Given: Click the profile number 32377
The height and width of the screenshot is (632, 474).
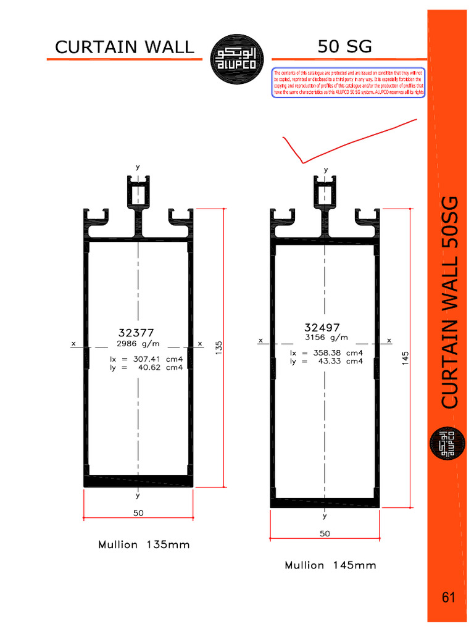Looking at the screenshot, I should point(136,332).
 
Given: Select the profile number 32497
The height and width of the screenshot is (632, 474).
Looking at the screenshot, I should point(322,327).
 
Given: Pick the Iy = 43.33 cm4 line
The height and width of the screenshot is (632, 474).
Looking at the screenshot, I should point(326,362).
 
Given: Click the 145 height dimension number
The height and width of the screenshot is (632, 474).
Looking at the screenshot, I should point(405,358).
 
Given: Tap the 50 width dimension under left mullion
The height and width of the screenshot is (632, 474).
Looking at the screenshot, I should point(139,513).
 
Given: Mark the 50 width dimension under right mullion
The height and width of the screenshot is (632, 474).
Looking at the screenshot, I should point(325,533).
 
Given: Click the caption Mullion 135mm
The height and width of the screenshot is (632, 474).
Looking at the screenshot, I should point(144,545).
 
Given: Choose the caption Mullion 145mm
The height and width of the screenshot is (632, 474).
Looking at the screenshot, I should point(330,565).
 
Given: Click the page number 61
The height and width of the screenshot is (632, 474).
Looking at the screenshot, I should point(448,597).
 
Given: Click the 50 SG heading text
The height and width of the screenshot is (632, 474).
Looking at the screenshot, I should point(345,46).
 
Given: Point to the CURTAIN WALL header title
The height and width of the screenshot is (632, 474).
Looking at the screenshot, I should point(124,47).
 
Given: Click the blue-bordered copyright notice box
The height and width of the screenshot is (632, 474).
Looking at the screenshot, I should point(349,83).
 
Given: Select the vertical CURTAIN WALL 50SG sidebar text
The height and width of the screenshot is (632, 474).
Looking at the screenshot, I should point(450,302).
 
